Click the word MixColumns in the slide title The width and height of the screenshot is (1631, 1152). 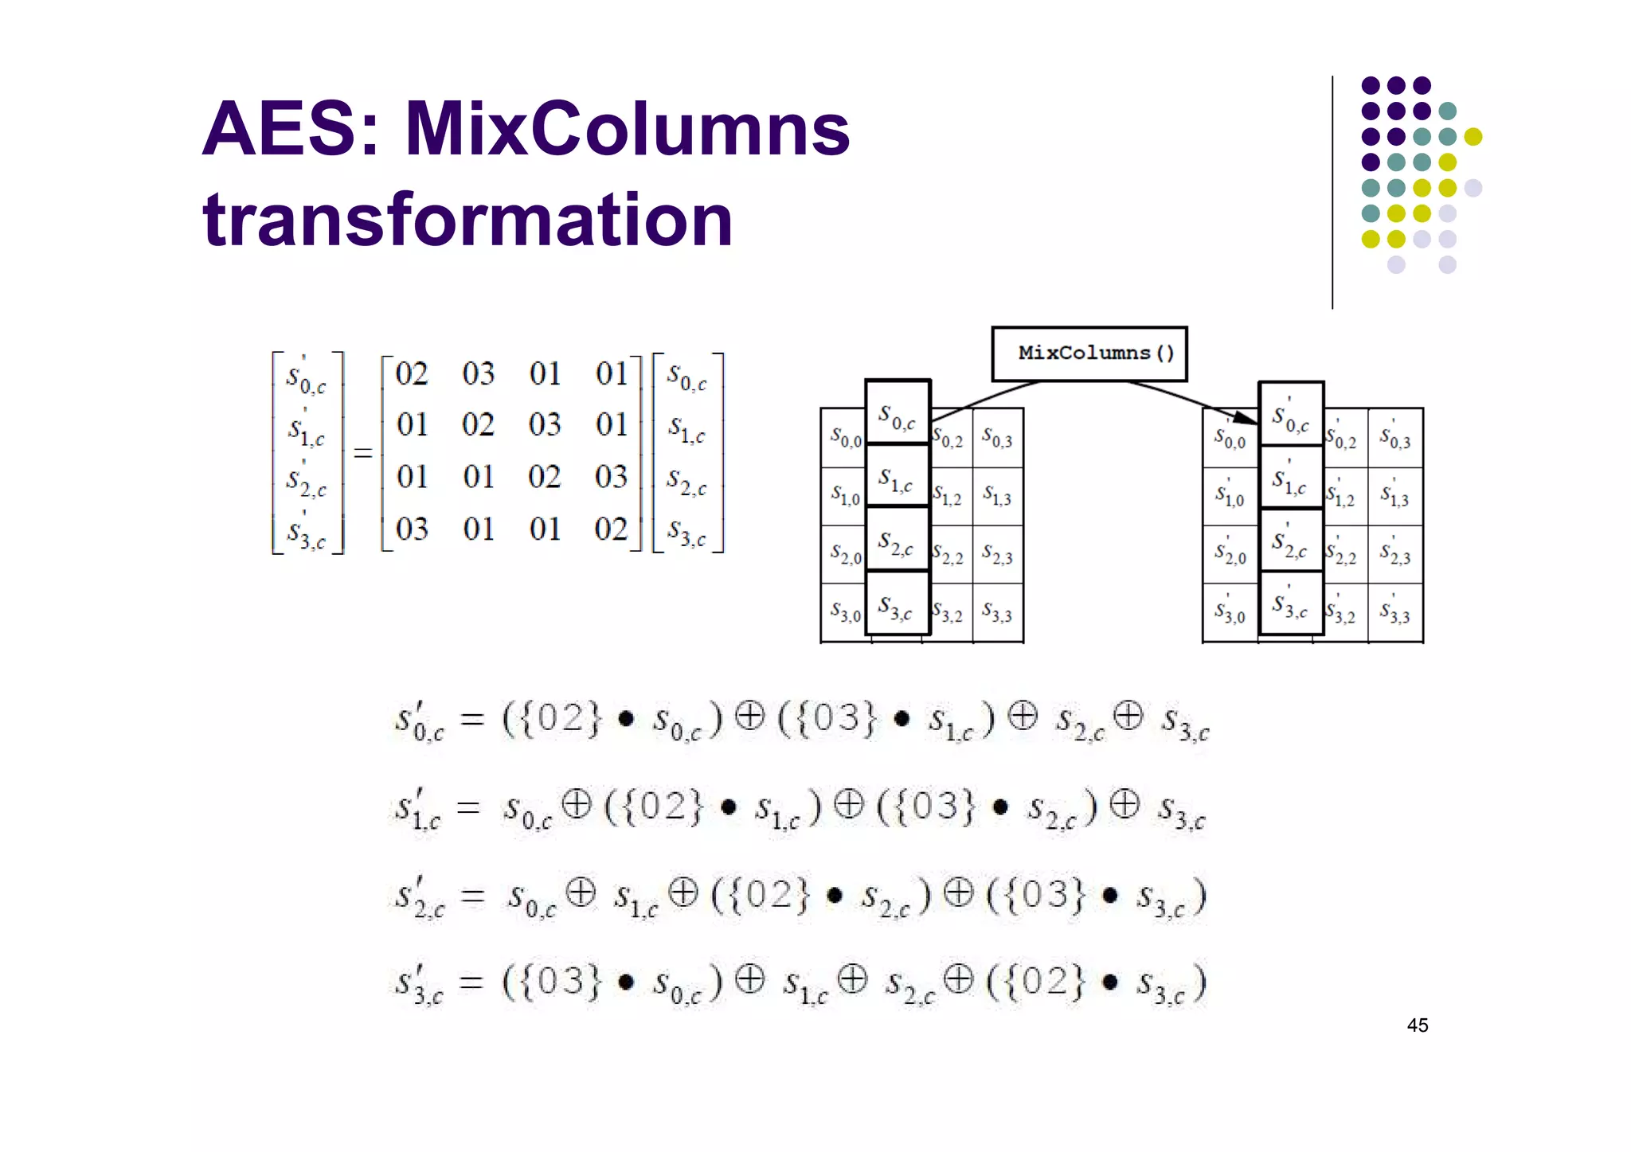click(x=627, y=129)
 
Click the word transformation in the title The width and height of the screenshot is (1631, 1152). click(x=467, y=220)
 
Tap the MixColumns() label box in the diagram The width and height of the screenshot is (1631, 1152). click(x=1089, y=353)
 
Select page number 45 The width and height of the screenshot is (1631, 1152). click(x=1418, y=1025)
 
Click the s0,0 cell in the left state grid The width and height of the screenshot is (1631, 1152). click(x=845, y=437)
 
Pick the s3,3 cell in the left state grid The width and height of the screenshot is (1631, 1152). click(x=997, y=613)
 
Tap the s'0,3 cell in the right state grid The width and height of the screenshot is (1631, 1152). click(x=1395, y=437)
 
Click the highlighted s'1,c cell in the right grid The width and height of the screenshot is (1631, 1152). click(x=1290, y=482)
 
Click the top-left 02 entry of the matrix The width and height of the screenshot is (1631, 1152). click(x=412, y=374)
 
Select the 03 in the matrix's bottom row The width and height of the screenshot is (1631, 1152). click(x=412, y=529)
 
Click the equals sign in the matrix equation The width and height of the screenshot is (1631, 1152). click(x=363, y=453)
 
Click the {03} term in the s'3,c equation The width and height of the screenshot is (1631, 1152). click(x=551, y=981)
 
